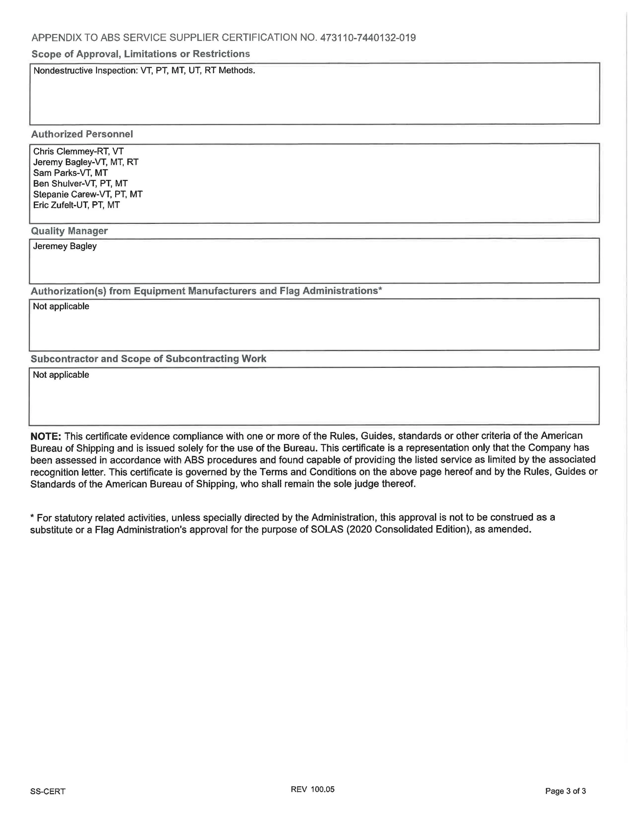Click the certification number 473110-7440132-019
click(367, 37)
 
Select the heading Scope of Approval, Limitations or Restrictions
click(141, 54)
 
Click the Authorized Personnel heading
click(82, 134)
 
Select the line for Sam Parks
click(70, 173)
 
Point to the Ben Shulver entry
click(80, 183)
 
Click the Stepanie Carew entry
click(88, 194)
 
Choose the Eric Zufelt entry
click(76, 205)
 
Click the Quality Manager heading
click(69, 231)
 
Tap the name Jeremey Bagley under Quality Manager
click(65, 246)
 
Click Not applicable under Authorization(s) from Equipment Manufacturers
click(61, 306)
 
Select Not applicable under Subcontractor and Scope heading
click(61, 375)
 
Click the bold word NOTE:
click(45, 436)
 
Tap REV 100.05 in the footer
click(312, 789)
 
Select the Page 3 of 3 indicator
click(565, 791)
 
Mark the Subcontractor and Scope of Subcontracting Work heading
click(148, 359)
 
